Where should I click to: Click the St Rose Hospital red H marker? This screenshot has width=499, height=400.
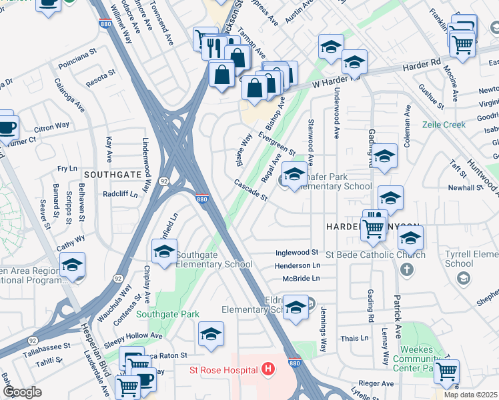pyautogui.click(x=268, y=369)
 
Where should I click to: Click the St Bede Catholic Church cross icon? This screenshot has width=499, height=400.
pyautogui.click(x=407, y=270)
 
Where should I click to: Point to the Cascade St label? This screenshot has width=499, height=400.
pyautogui.click(x=250, y=190)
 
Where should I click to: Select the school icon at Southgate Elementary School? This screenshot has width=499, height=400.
pyautogui.click(x=164, y=252)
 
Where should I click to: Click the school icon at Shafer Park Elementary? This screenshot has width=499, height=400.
pyautogui.click(x=294, y=175)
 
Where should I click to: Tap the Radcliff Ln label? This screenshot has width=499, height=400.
pyautogui.click(x=120, y=195)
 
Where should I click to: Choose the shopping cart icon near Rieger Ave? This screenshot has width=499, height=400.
pyautogui.click(x=446, y=371)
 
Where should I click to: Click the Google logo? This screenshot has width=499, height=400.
pyautogui.click(x=22, y=392)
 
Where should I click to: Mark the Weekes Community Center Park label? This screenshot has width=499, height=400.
pyautogui.click(x=428, y=358)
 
